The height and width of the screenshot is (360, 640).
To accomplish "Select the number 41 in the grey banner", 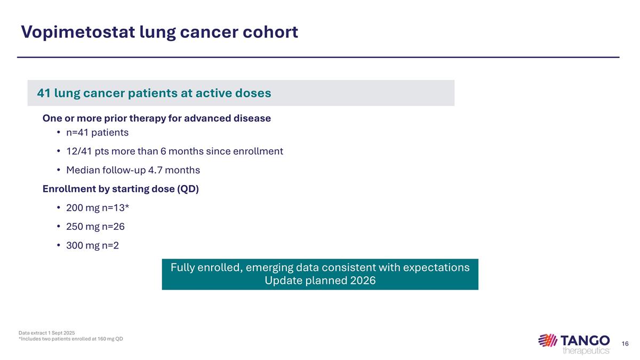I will (x=44, y=93).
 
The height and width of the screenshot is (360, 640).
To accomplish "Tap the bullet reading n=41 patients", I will (x=97, y=132).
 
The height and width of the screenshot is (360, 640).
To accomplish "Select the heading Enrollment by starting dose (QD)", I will (x=121, y=189).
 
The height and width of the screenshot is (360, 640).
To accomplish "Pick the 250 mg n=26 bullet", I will (x=95, y=227).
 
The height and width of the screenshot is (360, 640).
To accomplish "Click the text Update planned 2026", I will (x=320, y=281).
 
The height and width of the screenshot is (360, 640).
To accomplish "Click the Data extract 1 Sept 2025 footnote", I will (x=46, y=333).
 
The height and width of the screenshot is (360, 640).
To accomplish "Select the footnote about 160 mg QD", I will (x=70, y=339).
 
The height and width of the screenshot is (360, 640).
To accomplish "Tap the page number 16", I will (x=626, y=344).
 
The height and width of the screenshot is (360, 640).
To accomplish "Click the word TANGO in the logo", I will (x=585, y=340).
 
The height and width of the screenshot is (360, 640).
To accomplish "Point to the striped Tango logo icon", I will (x=548, y=340).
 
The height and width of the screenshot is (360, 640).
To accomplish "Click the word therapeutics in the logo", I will (x=586, y=350).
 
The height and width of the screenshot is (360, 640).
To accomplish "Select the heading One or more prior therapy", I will (x=157, y=118).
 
